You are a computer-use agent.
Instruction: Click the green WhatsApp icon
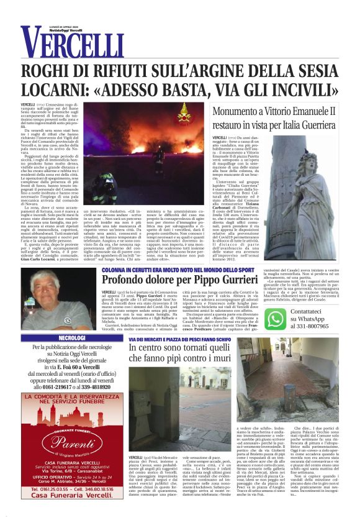(x=275, y=319)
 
